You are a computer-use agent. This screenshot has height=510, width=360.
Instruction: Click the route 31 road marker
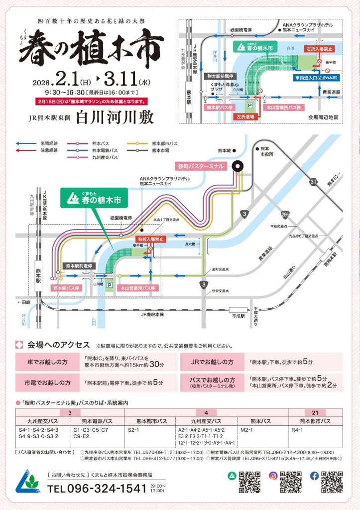pos(314,182)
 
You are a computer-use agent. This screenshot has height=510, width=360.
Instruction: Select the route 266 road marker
pos(284,215)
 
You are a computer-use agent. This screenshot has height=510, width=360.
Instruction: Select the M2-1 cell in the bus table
pos(247,429)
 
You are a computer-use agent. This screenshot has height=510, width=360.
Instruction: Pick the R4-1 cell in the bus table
pos(298,429)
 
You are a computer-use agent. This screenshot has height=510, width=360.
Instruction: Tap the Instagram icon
pos(273,476)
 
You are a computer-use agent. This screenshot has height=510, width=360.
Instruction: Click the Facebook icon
pos(314,476)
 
